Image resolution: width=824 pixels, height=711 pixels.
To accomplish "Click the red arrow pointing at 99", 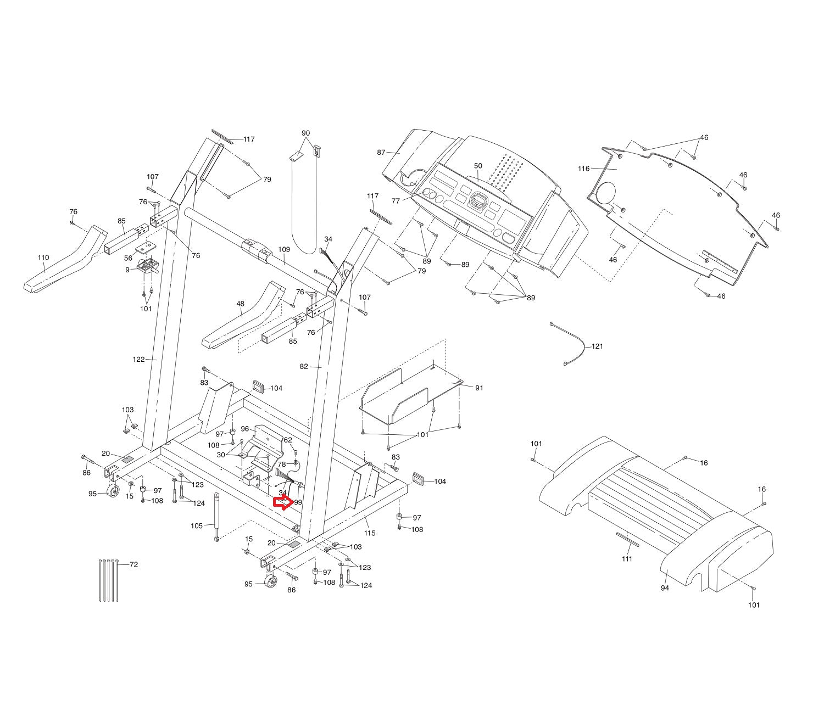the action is [x=282, y=502].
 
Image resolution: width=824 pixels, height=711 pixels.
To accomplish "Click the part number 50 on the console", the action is [x=477, y=166].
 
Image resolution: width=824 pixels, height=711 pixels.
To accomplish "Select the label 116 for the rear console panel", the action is [x=583, y=169].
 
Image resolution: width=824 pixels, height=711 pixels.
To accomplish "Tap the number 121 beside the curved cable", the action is [x=597, y=346].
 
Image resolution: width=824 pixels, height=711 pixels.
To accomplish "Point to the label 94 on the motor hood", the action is [x=665, y=588].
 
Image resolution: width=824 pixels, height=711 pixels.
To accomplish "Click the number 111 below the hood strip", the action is [x=627, y=559].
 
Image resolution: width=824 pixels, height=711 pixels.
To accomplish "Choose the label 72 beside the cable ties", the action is [x=133, y=564].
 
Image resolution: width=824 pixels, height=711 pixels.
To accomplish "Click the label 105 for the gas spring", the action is [x=197, y=526].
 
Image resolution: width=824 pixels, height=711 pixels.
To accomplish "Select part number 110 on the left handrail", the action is [x=43, y=257].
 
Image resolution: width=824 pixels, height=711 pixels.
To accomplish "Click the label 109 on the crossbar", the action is [x=283, y=250].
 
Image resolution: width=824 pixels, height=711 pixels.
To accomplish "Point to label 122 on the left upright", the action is [x=138, y=360].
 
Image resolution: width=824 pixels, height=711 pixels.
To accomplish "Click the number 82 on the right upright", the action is [x=304, y=367].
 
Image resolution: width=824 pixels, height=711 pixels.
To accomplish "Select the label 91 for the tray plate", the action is [x=479, y=388].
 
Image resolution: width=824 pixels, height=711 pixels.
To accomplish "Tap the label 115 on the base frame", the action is [x=369, y=533].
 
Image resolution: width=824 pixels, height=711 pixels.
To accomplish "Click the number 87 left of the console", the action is [x=381, y=152].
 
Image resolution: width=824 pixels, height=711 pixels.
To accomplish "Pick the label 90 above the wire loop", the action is [x=305, y=133].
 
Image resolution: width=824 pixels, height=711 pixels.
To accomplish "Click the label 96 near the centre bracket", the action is [x=245, y=429].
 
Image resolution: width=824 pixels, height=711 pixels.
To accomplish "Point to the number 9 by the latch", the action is [x=127, y=270].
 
